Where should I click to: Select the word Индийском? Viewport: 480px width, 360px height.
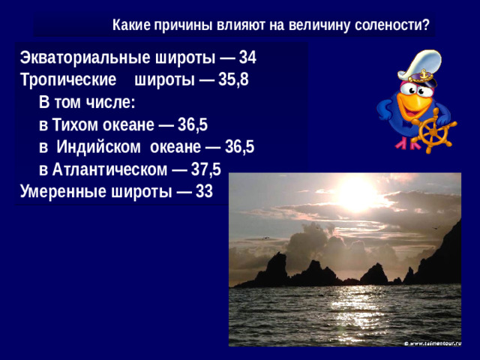point(94,147)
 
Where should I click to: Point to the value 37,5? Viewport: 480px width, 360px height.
point(206,169)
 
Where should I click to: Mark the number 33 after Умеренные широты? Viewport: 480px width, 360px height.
point(204,191)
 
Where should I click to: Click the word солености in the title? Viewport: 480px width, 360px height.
point(388,25)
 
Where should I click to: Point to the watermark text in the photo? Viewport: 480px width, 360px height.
point(432,342)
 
